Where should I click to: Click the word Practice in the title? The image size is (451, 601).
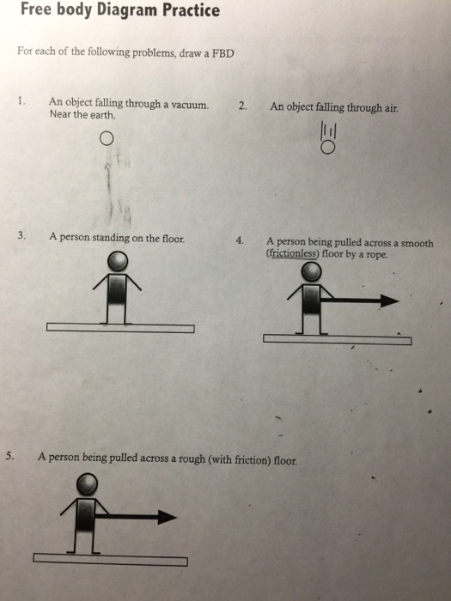(x=191, y=10)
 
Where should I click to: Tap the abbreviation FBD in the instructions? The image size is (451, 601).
(x=223, y=53)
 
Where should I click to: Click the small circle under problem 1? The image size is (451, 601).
(x=107, y=138)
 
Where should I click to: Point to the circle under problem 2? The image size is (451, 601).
(x=327, y=147)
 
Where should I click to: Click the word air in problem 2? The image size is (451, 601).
(x=391, y=108)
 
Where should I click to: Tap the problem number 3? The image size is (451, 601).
(x=21, y=235)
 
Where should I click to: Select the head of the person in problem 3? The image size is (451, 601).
(x=118, y=261)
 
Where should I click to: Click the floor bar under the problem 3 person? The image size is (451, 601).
(x=120, y=328)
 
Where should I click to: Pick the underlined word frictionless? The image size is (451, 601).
(x=293, y=254)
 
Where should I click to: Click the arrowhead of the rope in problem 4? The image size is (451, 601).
(x=390, y=300)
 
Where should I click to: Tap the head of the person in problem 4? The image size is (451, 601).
(x=311, y=272)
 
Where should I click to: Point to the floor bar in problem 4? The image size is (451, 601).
(x=338, y=340)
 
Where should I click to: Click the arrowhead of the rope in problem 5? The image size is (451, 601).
(x=168, y=517)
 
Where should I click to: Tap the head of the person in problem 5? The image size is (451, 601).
(x=87, y=483)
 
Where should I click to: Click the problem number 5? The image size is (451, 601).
(x=10, y=456)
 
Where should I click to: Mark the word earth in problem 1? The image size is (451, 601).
(x=102, y=114)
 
